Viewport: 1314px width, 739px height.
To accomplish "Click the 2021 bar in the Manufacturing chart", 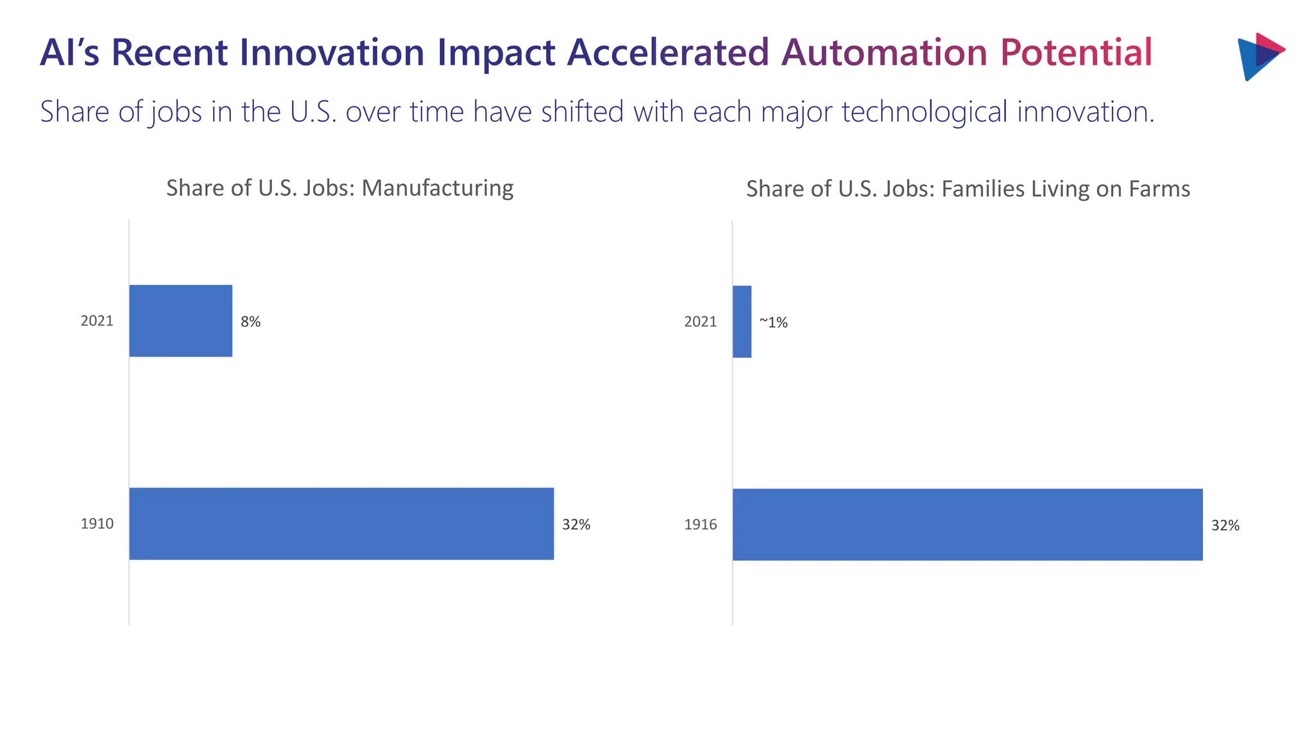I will tap(180, 321).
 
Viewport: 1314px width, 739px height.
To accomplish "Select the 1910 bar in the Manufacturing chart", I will tap(341, 523).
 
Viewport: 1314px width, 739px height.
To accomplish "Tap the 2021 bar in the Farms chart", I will tap(742, 321).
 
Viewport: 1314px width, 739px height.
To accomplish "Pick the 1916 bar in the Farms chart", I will tap(968, 525).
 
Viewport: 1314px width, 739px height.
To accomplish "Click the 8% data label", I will tap(250, 321).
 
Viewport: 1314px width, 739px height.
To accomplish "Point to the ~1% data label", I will tap(773, 322).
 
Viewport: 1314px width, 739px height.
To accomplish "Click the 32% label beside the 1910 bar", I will tap(576, 525).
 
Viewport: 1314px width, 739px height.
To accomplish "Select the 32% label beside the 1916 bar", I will tap(1225, 525).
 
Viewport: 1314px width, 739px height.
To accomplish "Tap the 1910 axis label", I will tap(97, 523).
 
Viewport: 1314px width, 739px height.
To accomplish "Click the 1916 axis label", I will tap(700, 525).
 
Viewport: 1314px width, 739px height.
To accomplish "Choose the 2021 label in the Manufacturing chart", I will tap(97, 321).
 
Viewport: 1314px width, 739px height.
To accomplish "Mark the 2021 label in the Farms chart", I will tap(700, 321).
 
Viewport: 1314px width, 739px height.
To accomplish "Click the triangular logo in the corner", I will tap(1259, 56).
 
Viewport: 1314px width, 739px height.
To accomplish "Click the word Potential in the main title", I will tap(1076, 53).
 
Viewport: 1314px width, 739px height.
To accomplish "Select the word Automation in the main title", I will tap(883, 53).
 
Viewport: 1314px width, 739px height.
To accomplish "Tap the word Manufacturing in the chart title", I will tap(438, 188).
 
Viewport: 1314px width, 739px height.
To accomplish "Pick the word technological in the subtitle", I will tap(925, 112).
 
